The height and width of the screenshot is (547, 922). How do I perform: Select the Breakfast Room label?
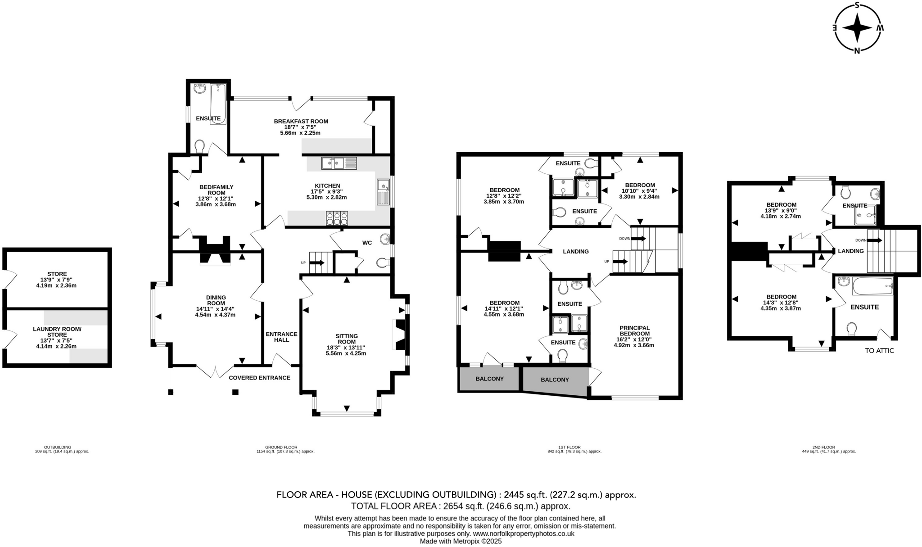[301, 121]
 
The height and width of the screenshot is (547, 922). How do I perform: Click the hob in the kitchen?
[337, 218]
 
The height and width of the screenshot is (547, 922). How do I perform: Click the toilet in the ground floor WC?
[383, 263]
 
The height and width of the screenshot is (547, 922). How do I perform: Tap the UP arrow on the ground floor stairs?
[317, 262]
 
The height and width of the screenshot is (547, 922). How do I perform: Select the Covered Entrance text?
[259, 378]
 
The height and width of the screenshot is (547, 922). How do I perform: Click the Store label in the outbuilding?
[57, 274]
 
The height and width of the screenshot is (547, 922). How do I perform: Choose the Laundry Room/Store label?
[57, 332]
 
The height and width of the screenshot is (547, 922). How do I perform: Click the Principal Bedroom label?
[634, 330]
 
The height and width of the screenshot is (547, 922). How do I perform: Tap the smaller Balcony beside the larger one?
[489, 379]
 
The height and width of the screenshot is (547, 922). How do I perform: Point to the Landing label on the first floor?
[576, 252]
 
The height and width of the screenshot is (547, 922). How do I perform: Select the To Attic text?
[879, 351]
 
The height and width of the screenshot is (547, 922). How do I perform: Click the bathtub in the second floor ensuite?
[872, 286]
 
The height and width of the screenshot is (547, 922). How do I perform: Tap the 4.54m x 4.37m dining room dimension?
[215, 315]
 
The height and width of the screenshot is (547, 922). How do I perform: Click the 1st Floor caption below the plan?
[567, 447]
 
